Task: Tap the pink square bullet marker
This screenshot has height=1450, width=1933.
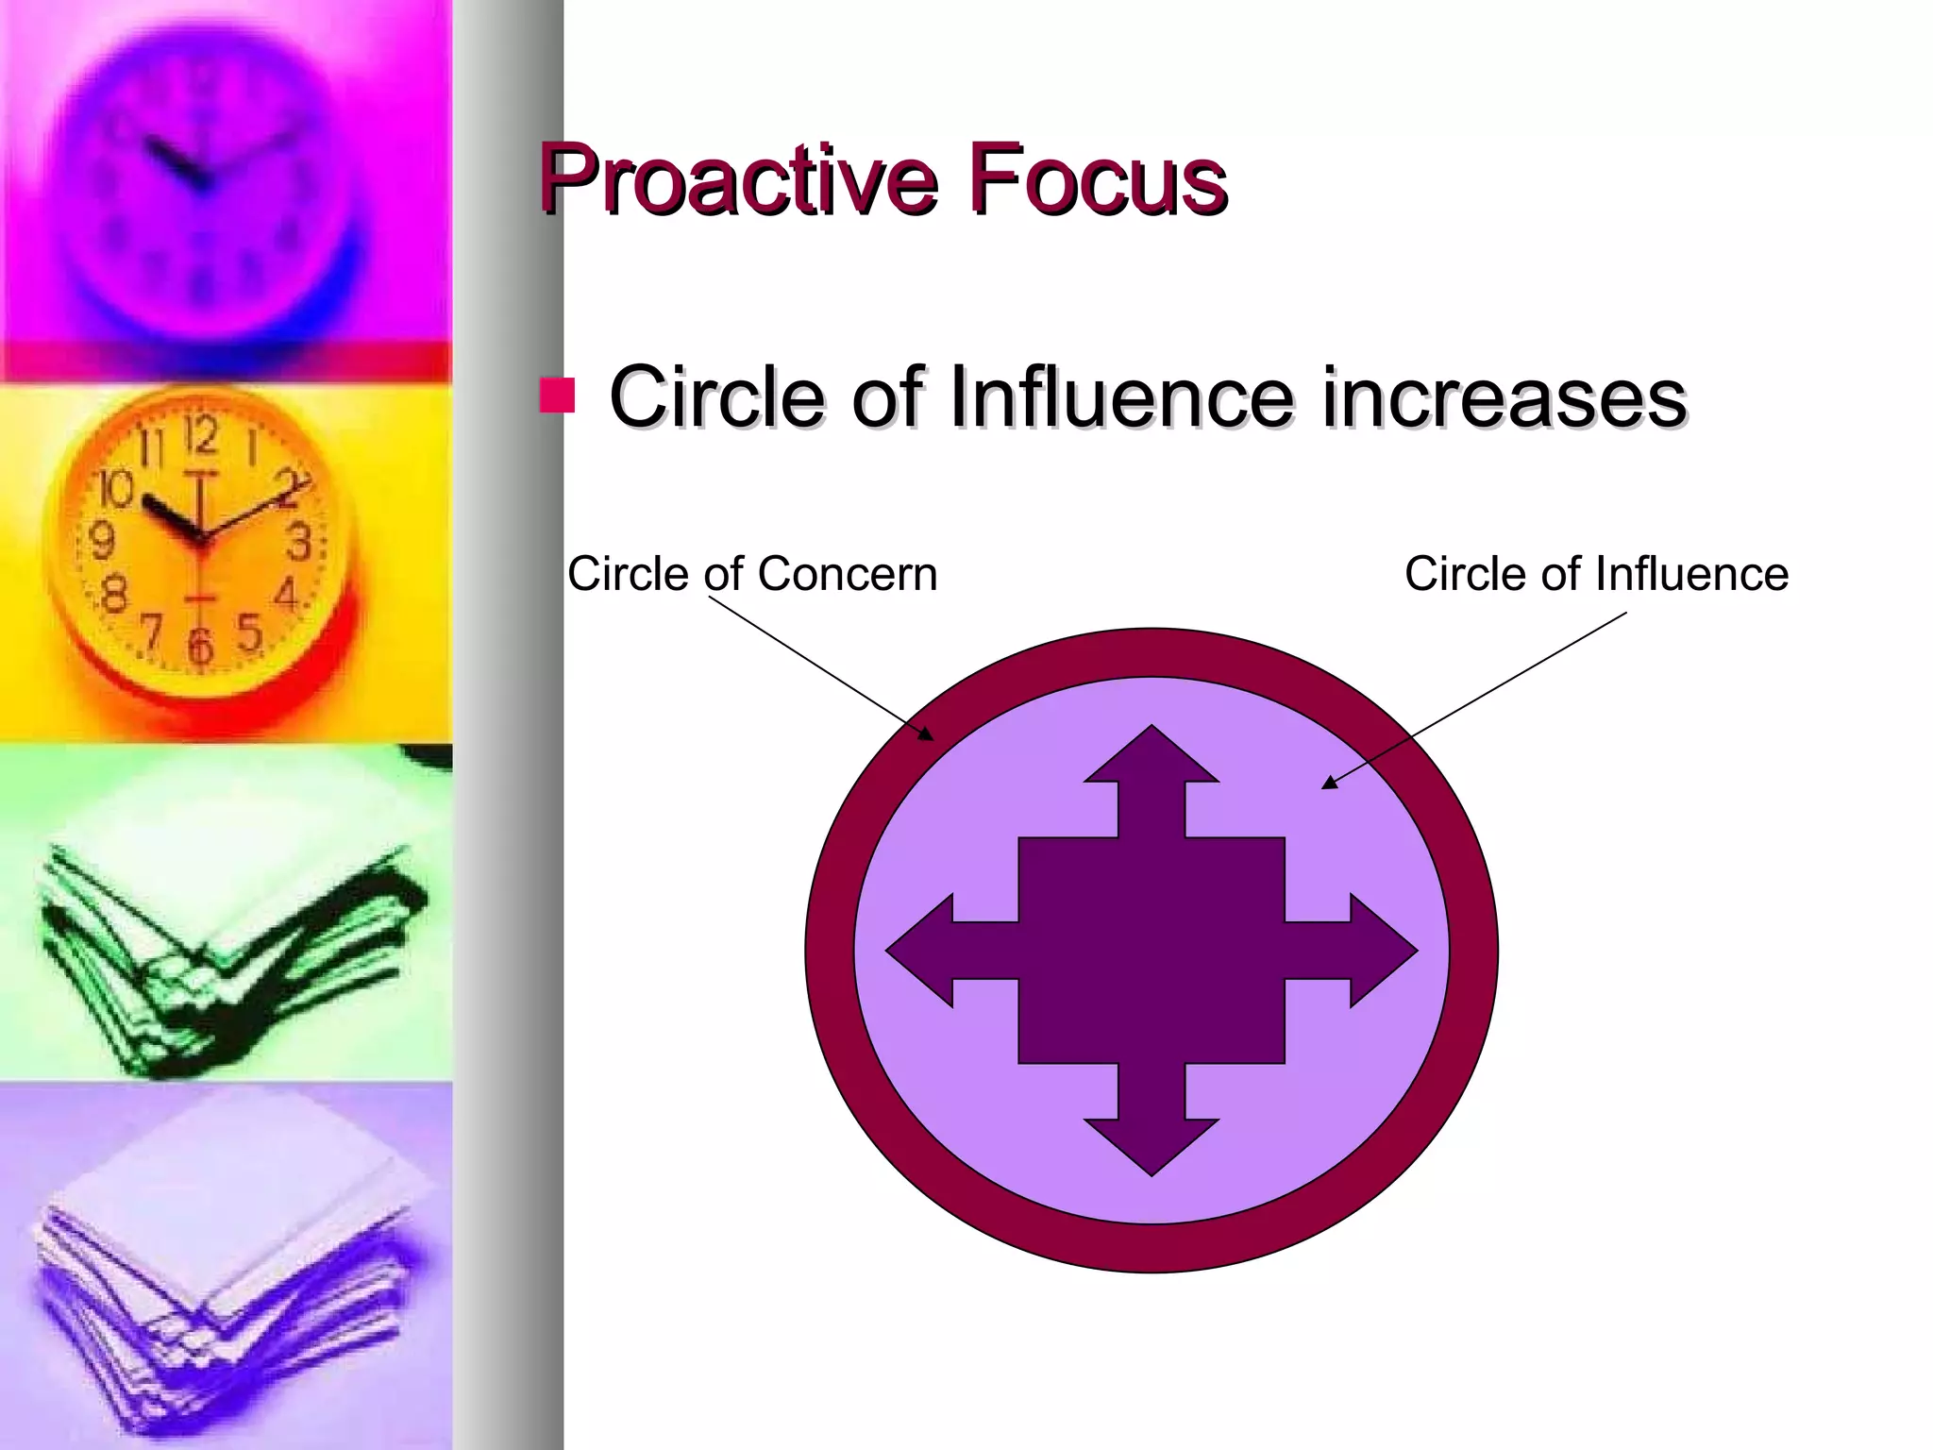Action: click(557, 396)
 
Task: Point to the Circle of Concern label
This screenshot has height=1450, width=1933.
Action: click(752, 574)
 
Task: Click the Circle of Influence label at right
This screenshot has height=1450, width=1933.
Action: click(1596, 574)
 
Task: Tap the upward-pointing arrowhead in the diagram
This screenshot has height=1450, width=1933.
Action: click(1151, 755)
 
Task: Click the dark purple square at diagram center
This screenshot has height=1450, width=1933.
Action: click(1151, 950)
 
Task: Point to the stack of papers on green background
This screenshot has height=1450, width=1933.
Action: click(227, 935)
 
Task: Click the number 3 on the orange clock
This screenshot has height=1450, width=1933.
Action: click(300, 543)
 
